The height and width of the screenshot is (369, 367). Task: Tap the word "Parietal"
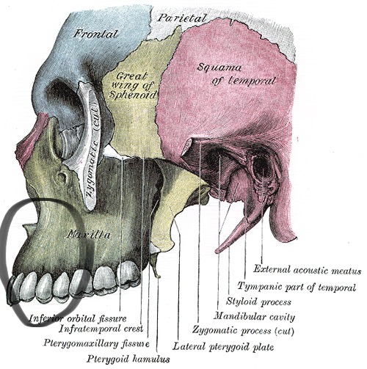click(x=181, y=18)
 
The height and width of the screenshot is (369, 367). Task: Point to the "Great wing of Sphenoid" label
click(x=133, y=85)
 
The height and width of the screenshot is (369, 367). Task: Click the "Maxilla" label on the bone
click(x=88, y=235)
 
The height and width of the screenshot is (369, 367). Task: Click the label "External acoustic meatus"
click(x=307, y=270)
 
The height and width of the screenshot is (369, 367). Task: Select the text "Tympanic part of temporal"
click(x=297, y=287)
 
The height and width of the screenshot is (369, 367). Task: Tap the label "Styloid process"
click(x=258, y=302)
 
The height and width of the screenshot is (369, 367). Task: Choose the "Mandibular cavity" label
click(x=254, y=317)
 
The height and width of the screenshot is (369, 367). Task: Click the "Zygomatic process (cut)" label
click(x=243, y=331)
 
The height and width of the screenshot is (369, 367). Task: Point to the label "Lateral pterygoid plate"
click(x=223, y=347)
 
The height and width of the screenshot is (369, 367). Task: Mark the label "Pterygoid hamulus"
click(x=128, y=359)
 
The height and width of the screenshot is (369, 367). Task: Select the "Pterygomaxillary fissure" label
click(x=96, y=343)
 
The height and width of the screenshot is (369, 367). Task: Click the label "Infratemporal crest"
click(x=101, y=329)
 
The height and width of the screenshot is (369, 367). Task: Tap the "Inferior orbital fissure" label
click(x=78, y=318)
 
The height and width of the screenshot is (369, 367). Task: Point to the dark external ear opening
click(x=261, y=167)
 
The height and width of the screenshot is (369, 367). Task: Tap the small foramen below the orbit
click(x=62, y=177)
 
